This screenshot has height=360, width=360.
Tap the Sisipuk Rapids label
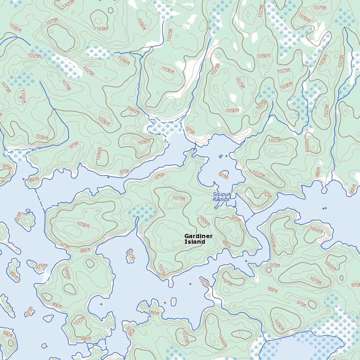221,196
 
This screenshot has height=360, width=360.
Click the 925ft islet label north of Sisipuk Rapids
224,176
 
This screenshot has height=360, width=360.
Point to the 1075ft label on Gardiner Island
179,198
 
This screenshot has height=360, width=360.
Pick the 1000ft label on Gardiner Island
204,221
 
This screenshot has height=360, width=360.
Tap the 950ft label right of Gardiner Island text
226,244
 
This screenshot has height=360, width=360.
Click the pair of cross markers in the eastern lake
324,208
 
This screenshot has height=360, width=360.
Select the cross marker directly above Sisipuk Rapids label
214,182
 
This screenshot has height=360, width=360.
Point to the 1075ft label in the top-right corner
320,8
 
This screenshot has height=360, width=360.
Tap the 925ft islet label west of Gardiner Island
131,255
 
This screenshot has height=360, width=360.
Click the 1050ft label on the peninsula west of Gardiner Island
82,225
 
